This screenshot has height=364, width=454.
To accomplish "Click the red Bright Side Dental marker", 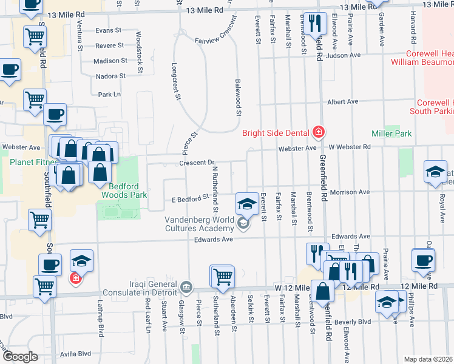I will point(317,132).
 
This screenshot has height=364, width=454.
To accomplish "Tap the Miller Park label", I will point(391,133).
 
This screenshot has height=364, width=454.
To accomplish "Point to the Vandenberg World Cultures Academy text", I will point(199,224).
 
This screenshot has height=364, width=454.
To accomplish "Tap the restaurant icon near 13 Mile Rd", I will point(314,24).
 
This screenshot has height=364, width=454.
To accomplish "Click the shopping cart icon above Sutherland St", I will point(223,277).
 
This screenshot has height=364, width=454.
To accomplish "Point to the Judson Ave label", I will point(343,55).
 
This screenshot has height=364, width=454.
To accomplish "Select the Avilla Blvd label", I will point(75,354).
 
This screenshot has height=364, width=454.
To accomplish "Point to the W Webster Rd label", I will point(349,147).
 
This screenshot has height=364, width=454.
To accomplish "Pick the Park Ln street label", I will point(109,95).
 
